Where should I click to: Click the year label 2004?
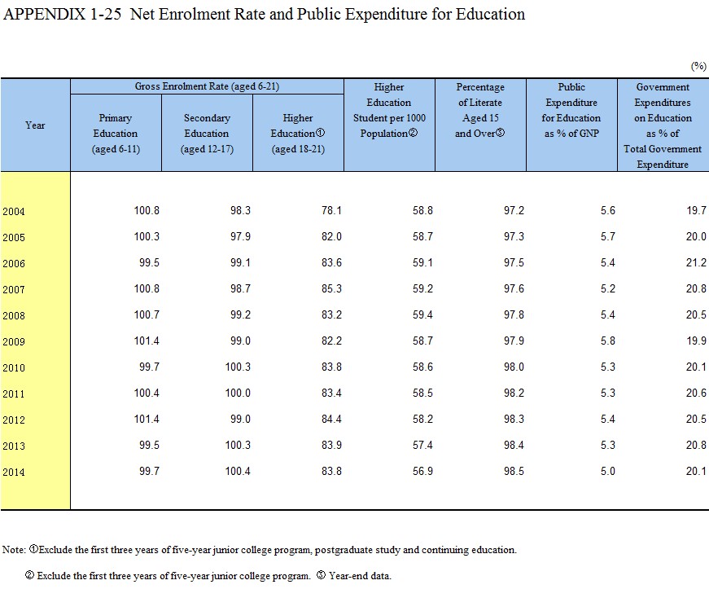click(x=14, y=212)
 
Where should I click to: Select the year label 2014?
click(x=14, y=473)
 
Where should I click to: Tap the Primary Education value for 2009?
click(x=147, y=341)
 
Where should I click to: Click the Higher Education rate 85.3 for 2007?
click(x=330, y=289)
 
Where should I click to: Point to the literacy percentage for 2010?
click(x=513, y=367)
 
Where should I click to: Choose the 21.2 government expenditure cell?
click(x=695, y=263)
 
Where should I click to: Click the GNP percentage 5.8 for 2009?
click(x=607, y=341)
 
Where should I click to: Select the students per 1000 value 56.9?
click(x=422, y=472)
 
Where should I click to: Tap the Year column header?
click(x=35, y=125)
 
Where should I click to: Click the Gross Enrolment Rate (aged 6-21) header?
click(x=207, y=86)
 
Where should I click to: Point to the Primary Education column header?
click(x=116, y=134)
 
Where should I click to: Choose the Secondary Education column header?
click(x=207, y=134)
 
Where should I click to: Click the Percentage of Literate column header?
click(x=480, y=110)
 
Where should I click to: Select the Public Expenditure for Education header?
click(x=571, y=110)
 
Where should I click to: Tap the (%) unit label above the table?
click(x=698, y=65)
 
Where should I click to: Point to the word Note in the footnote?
click(x=13, y=550)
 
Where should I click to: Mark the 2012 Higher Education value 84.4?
click(x=330, y=420)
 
